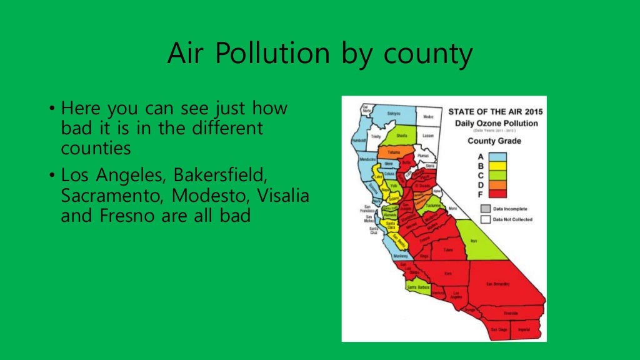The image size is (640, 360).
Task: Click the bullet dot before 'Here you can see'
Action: tap(52, 109)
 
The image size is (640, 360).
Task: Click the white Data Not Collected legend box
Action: tap(485, 219)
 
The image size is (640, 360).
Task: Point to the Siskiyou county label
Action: tap(392, 114)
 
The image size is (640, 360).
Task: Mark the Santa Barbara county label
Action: tap(418, 287)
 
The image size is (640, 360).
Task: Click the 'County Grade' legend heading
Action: tap(496, 141)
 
